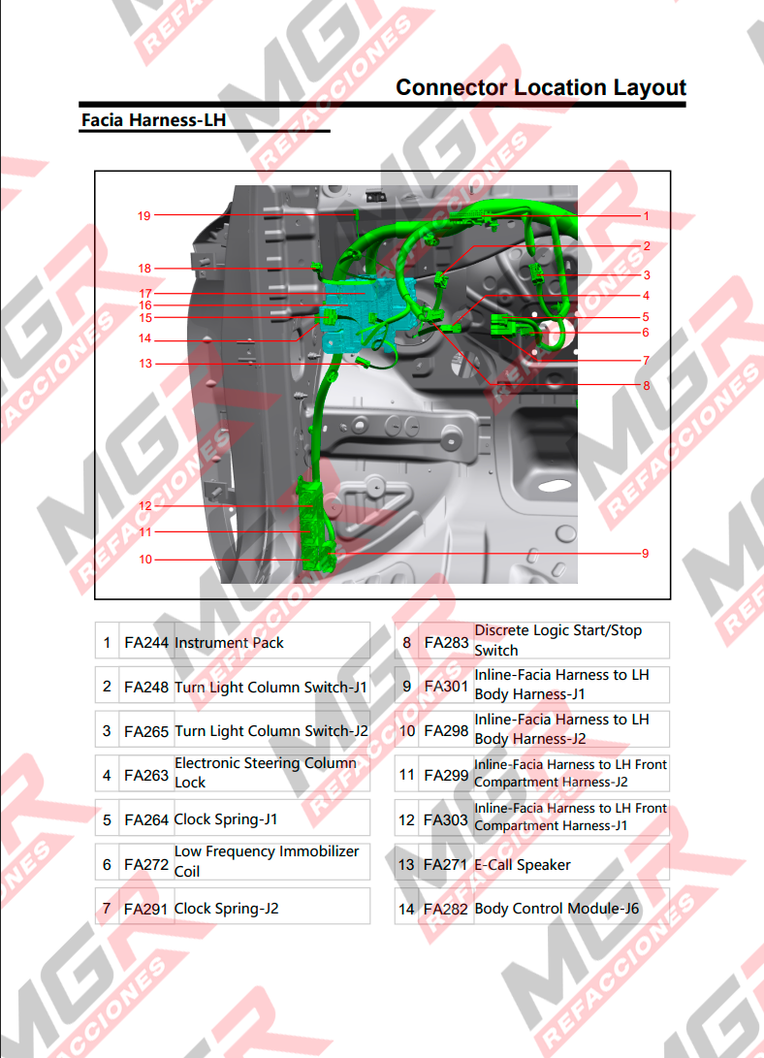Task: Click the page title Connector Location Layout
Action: click(x=541, y=87)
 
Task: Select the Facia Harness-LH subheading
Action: click(x=154, y=120)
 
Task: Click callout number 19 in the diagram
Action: click(x=144, y=216)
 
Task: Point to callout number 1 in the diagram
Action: click(x=646, y=216)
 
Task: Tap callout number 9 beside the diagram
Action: click(x=646, y=554)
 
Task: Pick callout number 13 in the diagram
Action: click(x=145, y=364)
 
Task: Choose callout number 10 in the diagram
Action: click(x=145, y=560)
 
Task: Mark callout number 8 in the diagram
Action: click(x=646, y=385)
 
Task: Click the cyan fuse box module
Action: click(x=367, y=314)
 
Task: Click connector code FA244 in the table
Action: click(x=146, y=643)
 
